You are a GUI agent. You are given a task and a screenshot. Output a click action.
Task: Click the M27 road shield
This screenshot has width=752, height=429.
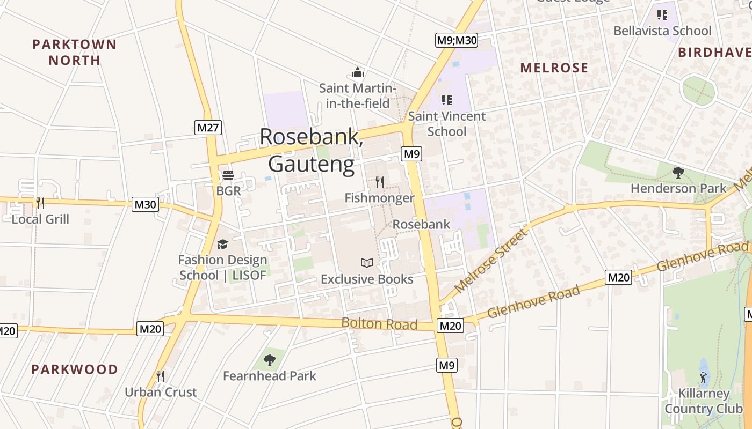pos(208,128)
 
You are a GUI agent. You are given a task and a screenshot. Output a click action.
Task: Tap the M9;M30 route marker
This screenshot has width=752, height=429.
pos(456,40)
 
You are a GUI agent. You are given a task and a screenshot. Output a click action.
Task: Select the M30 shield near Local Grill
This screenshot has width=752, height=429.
pos(145,204)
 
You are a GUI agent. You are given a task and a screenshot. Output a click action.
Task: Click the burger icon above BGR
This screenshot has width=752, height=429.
pos(228,175)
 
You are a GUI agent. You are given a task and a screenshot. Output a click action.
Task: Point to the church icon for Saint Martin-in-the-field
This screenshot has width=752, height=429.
pos(358,72)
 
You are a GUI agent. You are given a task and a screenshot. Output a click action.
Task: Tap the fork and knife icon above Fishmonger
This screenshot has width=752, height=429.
pos(379,182)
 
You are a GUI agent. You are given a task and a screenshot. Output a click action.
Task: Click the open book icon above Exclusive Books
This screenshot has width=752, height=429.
pos(367,263)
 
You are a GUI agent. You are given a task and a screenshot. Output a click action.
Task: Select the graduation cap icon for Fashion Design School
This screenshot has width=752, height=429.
pos(222,245)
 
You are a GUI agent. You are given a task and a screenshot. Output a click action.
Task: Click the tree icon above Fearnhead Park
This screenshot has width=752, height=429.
pos(270,360)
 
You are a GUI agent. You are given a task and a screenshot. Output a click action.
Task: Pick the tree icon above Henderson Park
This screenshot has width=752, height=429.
pos(678,172)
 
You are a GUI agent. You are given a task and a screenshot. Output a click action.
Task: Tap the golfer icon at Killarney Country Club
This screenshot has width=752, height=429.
pos(703,377)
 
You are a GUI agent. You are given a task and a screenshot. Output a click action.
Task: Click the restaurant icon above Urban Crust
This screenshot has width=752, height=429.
pos(160,376)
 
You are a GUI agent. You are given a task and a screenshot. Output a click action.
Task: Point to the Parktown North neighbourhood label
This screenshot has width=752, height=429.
pos(74,52)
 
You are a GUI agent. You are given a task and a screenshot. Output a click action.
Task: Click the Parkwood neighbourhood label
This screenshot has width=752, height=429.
pos(74,369)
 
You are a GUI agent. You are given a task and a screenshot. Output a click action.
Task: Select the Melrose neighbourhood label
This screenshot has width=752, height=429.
pos(554,68)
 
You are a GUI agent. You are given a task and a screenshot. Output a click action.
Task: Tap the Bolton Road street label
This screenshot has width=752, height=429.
pos(379,324)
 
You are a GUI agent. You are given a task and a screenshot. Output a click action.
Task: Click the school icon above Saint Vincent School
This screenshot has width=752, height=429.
pos(446,100)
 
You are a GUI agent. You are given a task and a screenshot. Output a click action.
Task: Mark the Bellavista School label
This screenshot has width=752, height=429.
pos(662,31)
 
